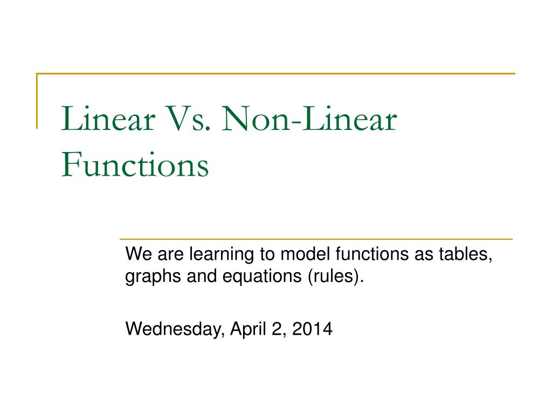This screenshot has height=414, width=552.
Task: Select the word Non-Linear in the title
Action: [309, 119]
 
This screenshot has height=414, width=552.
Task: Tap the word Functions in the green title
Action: [135, 164]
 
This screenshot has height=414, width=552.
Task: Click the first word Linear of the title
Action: [108, 119]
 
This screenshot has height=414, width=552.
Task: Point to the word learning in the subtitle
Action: [222, 255]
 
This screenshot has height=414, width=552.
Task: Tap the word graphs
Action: [153, 277]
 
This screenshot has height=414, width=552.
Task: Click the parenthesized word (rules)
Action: [335, 277]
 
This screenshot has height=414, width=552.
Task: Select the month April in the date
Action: [248, 329]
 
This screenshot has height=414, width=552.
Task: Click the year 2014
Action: [312, 329]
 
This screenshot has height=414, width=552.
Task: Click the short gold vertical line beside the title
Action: [37, 101]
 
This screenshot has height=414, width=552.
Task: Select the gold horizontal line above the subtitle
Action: [316, 239]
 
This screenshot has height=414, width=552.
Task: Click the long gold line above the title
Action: [275, 73]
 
